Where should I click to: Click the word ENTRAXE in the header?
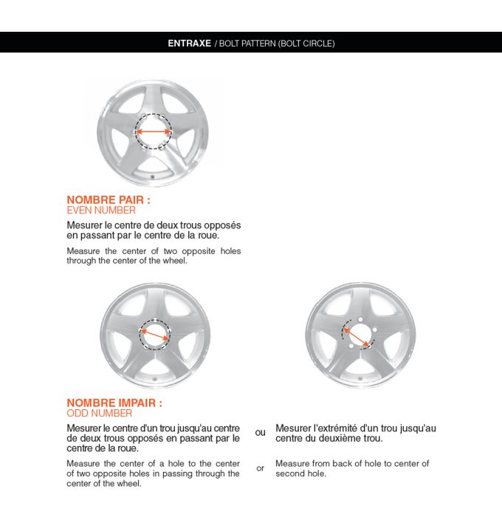(x=190, y=43)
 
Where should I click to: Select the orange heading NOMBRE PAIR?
(x=109, y=199)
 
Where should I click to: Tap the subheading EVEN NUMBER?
(x=101, y=210)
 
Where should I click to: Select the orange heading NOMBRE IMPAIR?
(x=114, y=403)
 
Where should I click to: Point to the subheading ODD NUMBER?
(x=100, y=414)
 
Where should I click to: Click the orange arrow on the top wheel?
(x=154, y=132)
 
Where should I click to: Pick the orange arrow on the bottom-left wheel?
(x=154, y=338)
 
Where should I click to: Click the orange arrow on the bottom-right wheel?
(x=357, y=338)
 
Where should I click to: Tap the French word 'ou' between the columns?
(x=260, y=432)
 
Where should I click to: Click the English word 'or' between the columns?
(x=260, y=468)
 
